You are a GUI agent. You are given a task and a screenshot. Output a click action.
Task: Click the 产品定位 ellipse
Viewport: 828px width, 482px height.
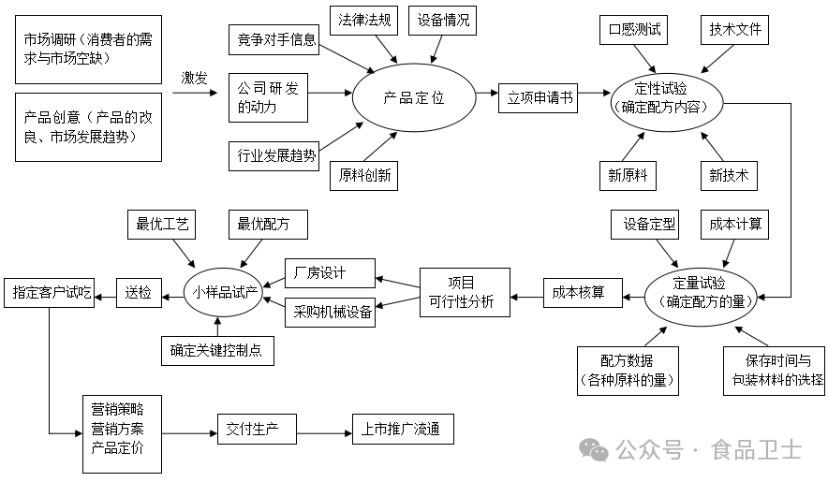[413, 96]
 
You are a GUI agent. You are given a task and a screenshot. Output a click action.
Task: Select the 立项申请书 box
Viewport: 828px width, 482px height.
[541, 96]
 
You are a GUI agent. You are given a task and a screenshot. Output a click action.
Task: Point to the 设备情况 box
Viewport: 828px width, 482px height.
[444, 19]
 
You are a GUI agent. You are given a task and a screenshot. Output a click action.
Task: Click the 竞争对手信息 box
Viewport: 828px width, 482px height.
[273, 39]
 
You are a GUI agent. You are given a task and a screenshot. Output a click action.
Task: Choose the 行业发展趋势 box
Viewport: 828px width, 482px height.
[273, 154]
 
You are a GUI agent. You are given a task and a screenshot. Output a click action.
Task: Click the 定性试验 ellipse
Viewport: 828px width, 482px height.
[667, 97]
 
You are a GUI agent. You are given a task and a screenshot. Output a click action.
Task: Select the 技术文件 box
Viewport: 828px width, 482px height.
[734, 29]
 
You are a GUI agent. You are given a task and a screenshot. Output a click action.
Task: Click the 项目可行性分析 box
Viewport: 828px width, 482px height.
[465, 292]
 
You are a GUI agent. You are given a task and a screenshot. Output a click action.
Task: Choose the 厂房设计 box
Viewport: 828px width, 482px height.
[329, 273]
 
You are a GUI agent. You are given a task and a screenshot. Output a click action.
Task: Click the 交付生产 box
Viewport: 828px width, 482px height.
[255, 430]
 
